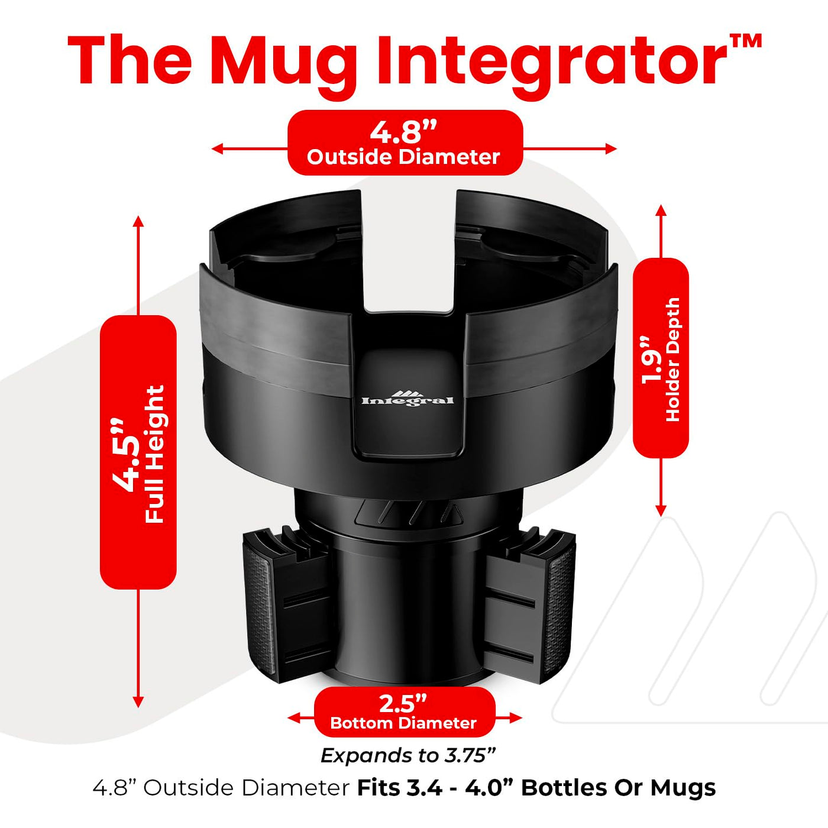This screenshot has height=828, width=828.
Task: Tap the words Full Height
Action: click(x=155, y=454)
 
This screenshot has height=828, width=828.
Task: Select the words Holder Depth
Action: click(x=672, y=360)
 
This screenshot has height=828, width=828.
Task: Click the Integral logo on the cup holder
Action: click(x=407, y=398)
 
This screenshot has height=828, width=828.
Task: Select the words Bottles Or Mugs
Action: click(x=619, y=788)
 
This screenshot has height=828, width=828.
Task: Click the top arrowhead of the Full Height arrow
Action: click(x=138, y=222)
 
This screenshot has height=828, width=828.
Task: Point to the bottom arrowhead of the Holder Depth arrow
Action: click(x=661, y=510)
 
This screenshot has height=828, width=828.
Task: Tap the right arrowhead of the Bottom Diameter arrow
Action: click(x=516, y=717)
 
